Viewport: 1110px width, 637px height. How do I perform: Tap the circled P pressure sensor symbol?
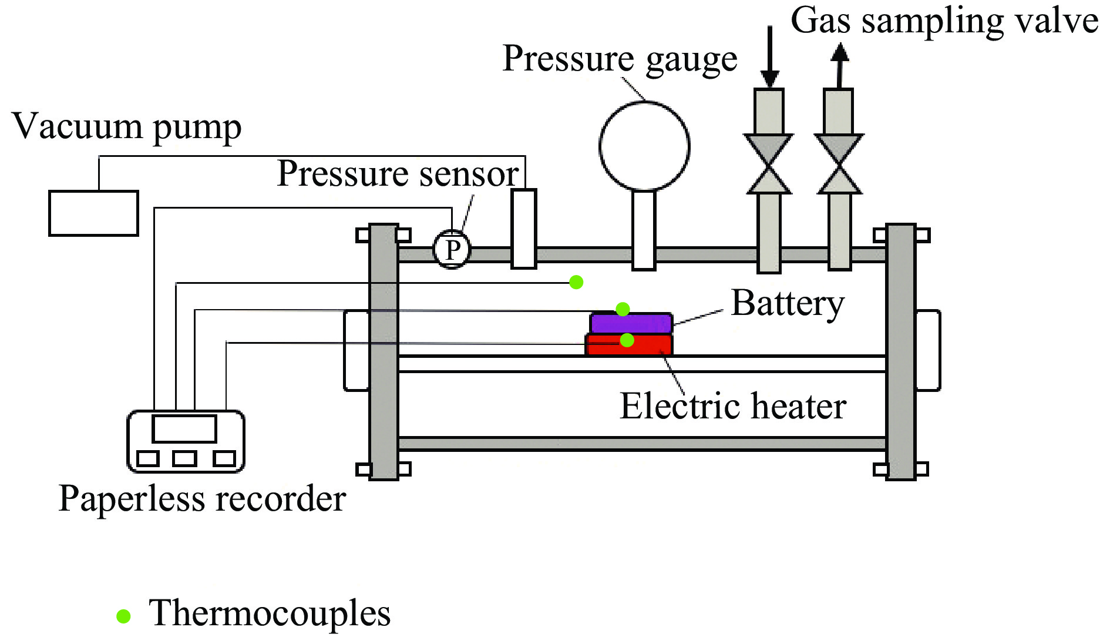click(x=452, y=250)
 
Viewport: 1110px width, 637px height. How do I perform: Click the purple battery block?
click(x=631, y=324)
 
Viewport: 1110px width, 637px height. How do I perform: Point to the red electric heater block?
click(x=629, y=345)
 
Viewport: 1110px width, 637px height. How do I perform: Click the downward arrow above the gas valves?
click(x=769, y=56)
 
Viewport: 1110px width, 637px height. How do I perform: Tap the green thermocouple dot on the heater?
click(x=627, y=340)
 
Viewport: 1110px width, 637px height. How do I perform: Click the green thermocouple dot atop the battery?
click(x=623, y=309)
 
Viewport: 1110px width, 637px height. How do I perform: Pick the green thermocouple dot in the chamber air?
click(x=576, y=282)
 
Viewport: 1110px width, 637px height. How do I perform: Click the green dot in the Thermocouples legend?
click(x=123, y=616)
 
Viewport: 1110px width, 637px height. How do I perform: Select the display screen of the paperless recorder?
click(x=184, y=428)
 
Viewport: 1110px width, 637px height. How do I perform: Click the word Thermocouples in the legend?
click(x=270, y=613)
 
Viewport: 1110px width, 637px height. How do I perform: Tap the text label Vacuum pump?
click(x=127, y=127)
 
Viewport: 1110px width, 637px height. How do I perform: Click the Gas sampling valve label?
click(x=944, y=22)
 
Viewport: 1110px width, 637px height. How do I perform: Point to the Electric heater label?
click(x=733, y=406)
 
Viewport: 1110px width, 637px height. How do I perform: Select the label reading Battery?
click(x=788, y=304)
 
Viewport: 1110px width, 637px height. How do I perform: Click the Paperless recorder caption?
click(x=202, y=499)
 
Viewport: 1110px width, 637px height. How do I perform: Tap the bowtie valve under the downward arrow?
click(x=769, y=164)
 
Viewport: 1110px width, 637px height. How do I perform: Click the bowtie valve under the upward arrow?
click(x=839, y=164)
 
